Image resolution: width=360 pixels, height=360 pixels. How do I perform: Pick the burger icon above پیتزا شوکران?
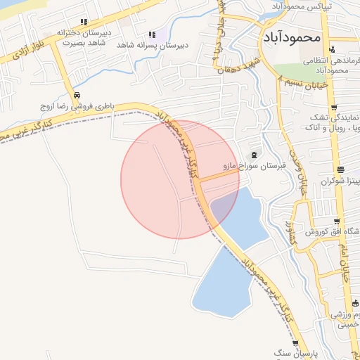pyautogui.click(x=340, y=169)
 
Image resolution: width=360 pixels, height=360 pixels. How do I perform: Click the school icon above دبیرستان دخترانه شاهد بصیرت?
pyautogui.click(x=84, y=22)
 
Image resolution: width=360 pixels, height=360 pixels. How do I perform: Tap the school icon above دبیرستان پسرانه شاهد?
pyautogui.click(x=152, y=34)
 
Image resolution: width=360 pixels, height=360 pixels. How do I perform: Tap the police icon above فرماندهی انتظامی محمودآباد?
pyautogui.click(x=332, y=49)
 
